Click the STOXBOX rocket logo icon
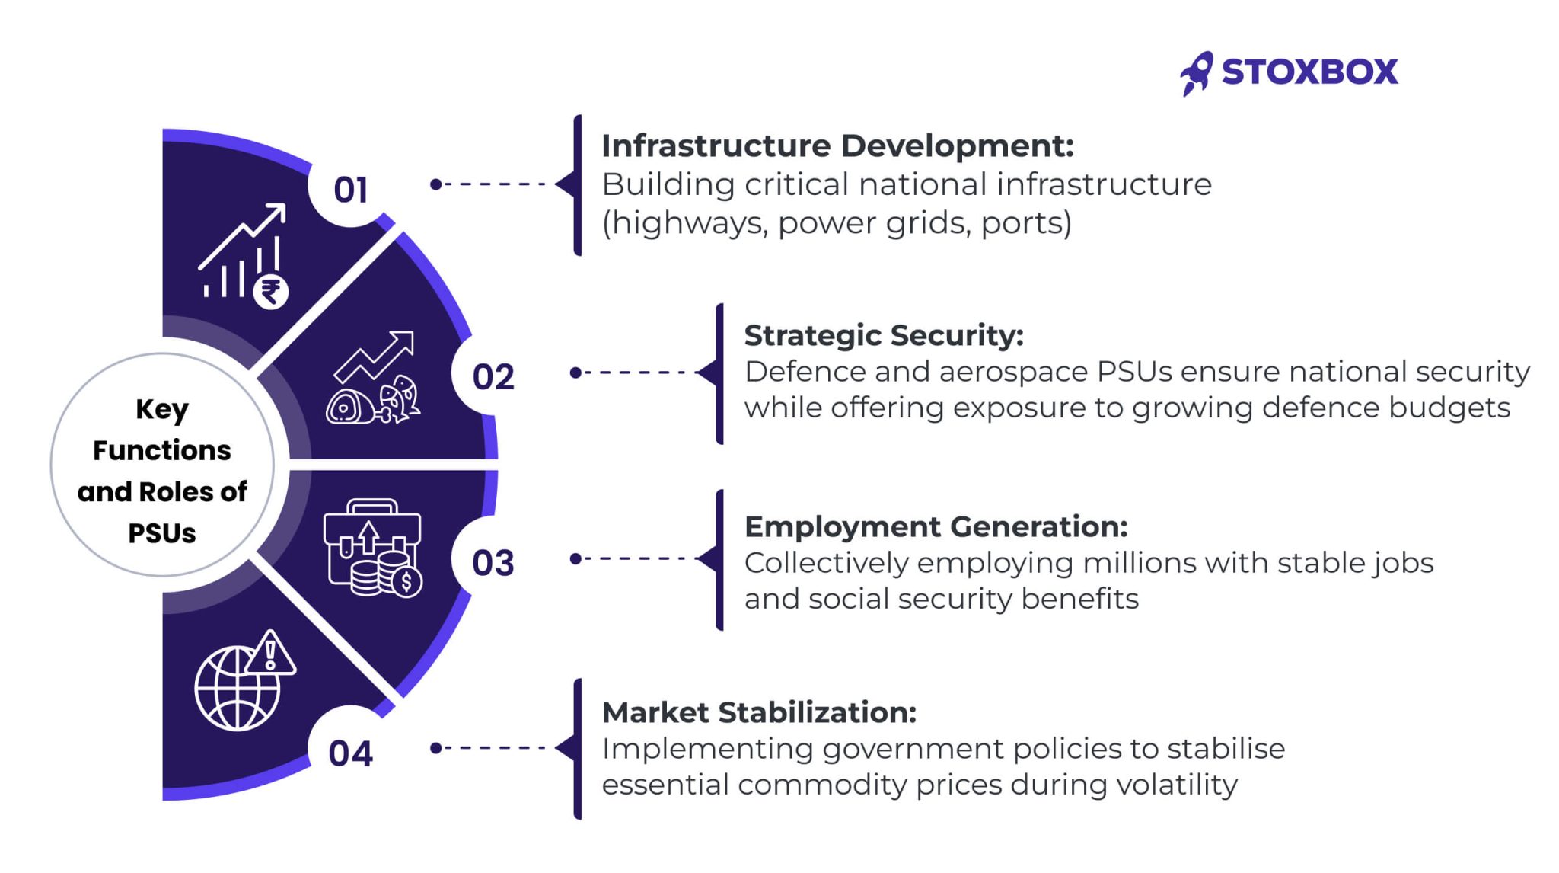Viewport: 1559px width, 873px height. (1197, 74)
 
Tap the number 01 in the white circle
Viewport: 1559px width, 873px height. (350, 190)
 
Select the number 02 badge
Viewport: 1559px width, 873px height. (493, 377)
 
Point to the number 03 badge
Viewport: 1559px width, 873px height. (493, 563)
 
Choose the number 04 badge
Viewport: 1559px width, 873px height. (350, 753)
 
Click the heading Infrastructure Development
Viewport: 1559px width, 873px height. (837, 145)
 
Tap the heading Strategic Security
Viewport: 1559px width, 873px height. (884, 335)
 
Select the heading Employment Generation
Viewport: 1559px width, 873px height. (936, 526)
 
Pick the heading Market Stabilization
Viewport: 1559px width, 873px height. (759, 712)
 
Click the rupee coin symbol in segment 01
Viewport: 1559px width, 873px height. (271, 291)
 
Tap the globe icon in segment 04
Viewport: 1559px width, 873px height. (238, 689)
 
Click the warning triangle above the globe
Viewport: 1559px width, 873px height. (270, 653)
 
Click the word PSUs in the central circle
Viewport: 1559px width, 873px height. (162, 533)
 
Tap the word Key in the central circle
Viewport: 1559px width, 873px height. (162, 410)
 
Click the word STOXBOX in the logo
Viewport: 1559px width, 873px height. (1310, 72)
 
